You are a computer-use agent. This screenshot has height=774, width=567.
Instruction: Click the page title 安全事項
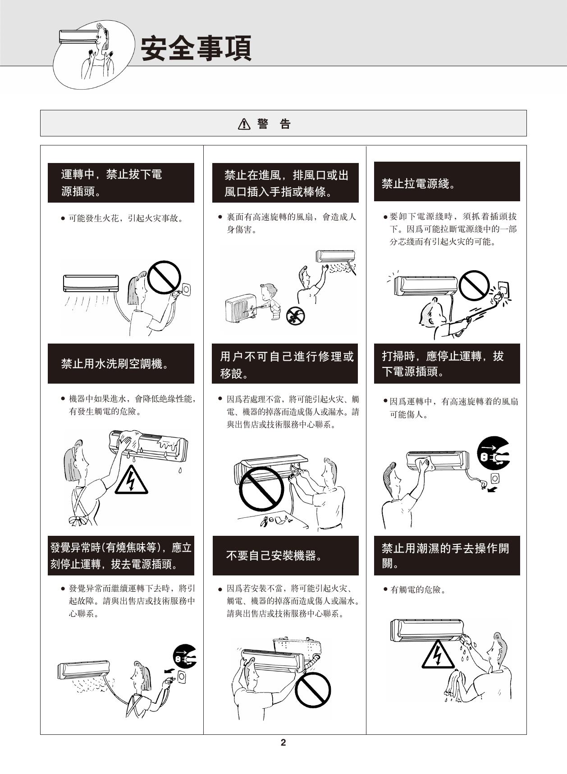(x=197, y=49)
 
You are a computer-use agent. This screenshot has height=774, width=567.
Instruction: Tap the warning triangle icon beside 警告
(x=244, y=124)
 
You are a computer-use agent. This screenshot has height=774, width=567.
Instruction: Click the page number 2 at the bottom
(x=283, y=743)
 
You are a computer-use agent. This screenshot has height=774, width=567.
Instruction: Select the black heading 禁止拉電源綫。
(x=419, y=183)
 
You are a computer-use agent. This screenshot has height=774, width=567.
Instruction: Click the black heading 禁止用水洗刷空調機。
(x=115, y=363)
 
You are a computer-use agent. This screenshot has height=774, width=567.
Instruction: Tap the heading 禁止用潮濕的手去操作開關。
(x=445, y=556)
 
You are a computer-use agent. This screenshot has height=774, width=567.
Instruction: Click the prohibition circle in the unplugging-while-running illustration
(x=164, y=277)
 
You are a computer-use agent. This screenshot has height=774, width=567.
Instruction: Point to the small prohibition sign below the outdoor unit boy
(x=296, y=316)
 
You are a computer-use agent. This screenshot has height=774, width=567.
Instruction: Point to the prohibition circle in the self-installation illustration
(x=313, y=690)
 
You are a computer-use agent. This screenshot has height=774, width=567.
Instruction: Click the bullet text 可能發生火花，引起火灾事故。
(x=126, y=218)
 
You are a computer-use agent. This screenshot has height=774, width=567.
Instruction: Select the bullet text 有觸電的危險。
(x=418, y=589)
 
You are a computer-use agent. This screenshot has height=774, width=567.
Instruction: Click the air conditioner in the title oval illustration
(x=78, y=36)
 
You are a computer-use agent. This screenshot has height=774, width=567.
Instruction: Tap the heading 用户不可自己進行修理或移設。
(x=287, y=364)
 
